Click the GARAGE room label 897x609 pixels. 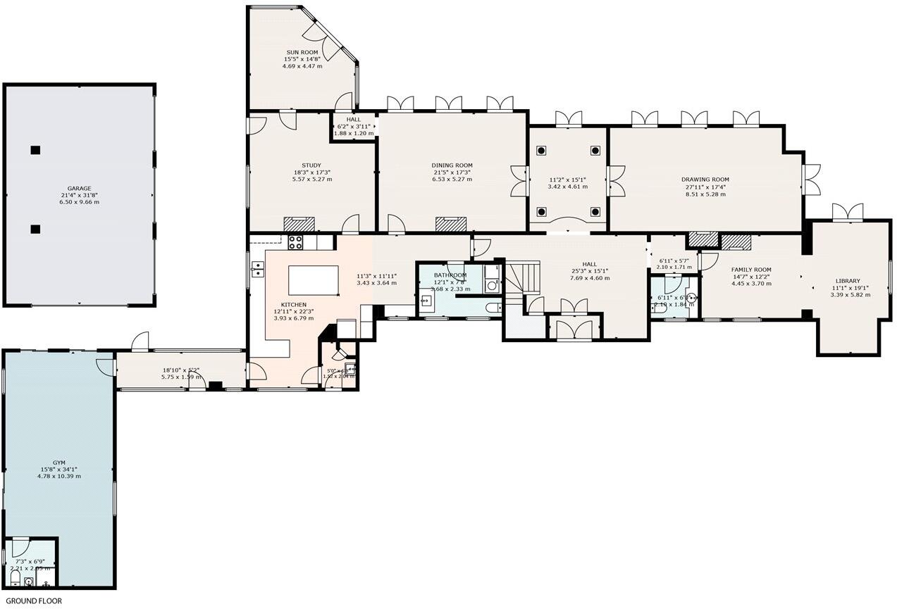click(x=79, y=189)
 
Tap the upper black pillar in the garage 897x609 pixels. click(x=35, y=149)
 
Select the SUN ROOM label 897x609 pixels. click(x=302, y=52)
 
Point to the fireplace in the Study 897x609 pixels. click(x=299, y=224)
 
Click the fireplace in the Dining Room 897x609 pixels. click(x=451, y=224)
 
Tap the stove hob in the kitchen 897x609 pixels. click(x=296, y=242)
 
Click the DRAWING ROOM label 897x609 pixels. click(x=705, y=180)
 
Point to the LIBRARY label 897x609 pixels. click(x=848, y=281)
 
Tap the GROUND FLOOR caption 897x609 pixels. click(x=34, y=601)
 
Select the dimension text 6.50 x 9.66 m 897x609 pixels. click(x=79, y=202)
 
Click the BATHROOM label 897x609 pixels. click(x=450, y=275)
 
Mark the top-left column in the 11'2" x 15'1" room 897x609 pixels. click(x=542, y=150)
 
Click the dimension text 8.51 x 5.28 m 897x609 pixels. click(x=705, y=194)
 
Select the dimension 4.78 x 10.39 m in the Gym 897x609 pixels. click(x=59, y=476)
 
